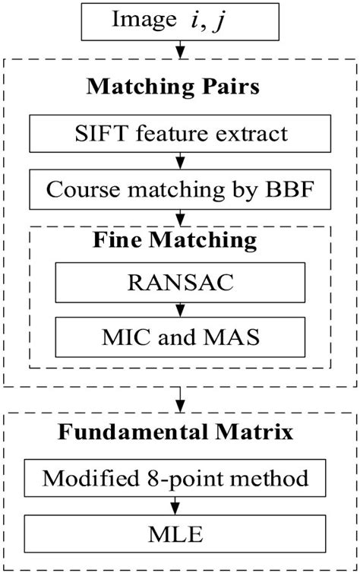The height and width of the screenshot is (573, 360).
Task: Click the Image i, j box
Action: pyautogui.click(x=180, y=21)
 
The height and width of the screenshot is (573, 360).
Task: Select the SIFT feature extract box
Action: pyautogui.click(x=180, y=135)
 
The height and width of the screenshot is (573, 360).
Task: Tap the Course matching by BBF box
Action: pyautogui.click(x=180, y=189)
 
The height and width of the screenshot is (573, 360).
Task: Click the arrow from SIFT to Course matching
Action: pyautogui.click(x=180, y=162)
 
